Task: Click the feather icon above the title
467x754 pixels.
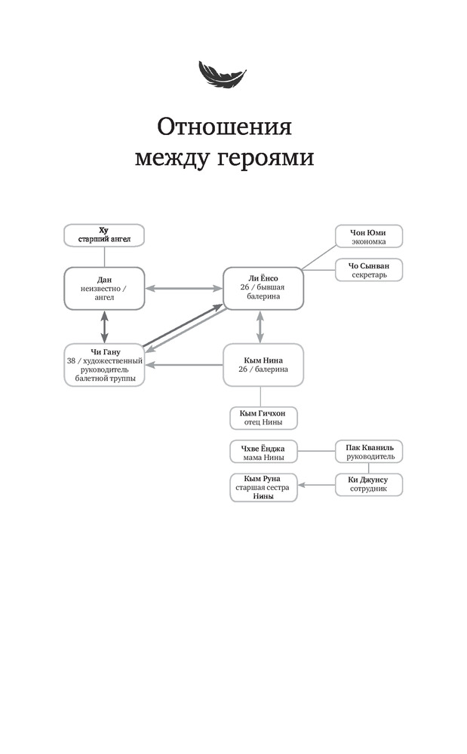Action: point(223,74)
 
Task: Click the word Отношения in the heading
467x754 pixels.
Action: point(225,127)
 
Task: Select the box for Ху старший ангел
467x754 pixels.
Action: point(104,235)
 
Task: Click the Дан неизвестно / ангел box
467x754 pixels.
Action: point(104,289)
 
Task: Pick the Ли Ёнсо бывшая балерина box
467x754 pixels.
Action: point(263,289)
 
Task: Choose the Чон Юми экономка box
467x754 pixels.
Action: point(369,237)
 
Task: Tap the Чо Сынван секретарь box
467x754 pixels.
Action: point(369,270)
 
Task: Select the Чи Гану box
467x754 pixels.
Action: point(104,365)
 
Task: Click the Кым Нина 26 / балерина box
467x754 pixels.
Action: point(263,365)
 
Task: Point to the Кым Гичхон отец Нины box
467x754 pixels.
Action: point(263,418)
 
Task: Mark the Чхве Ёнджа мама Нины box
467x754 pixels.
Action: point(263,452)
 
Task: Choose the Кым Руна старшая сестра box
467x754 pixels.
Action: point(263,488)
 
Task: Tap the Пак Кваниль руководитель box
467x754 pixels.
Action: point(369,452)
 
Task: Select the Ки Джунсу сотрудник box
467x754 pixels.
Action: point(369,485)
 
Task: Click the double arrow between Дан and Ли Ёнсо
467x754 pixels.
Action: point(184,289)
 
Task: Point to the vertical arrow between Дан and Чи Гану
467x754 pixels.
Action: point(104,327)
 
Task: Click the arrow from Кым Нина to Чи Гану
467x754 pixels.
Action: point(184,365)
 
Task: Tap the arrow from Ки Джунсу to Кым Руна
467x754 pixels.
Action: point(316,485)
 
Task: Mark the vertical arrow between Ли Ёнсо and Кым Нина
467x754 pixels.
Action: point(260,327)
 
